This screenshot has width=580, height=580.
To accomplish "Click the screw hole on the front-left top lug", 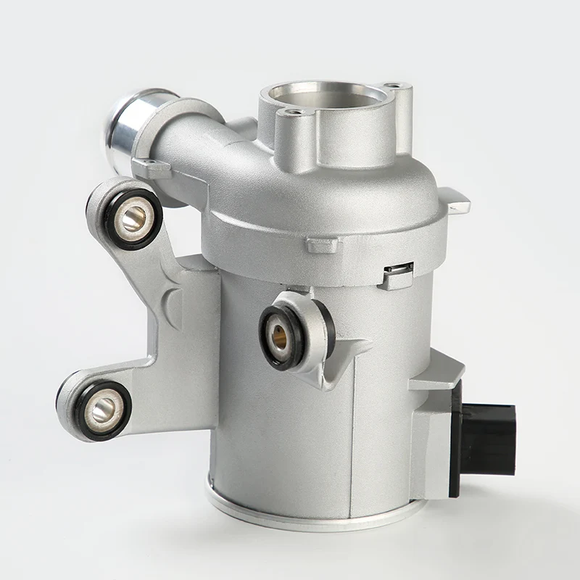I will point(293,113).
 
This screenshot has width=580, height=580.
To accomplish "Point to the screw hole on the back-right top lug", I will point(394,86).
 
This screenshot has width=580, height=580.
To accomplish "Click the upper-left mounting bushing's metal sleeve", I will point(133,217).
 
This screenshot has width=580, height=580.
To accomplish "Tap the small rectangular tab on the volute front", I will point(320,245).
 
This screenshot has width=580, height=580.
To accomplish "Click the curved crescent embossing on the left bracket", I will point(172,304).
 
